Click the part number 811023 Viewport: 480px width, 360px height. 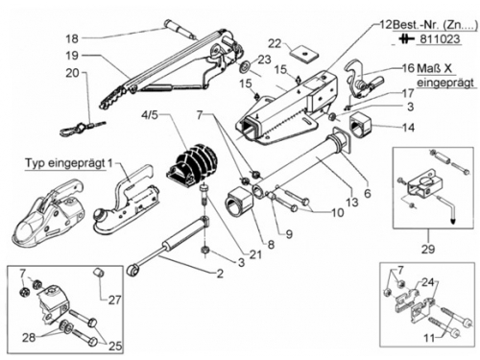click(440, 39)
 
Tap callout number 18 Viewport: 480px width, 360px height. click(72, 38)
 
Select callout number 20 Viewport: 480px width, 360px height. click(72, 73)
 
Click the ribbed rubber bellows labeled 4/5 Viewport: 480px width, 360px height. click(193, 168)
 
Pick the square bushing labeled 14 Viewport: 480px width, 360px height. click(361, 125)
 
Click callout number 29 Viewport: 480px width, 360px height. click(428, 249)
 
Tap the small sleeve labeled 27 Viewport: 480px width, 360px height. click(99, 273)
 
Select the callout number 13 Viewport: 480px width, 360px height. click(351, 203)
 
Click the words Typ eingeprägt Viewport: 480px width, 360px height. click(65, 163)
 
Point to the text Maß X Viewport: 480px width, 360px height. click(434, 68)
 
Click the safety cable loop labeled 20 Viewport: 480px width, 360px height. click(84, 127)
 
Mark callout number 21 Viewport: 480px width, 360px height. click(255, 254)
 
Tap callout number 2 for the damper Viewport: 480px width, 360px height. click(220, 274)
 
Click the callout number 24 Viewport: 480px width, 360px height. click(428, 282)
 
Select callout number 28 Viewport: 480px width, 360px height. click(29, 337)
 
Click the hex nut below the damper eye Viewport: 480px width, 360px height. click(204, 250)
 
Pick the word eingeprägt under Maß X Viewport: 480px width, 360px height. click(445, 83)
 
